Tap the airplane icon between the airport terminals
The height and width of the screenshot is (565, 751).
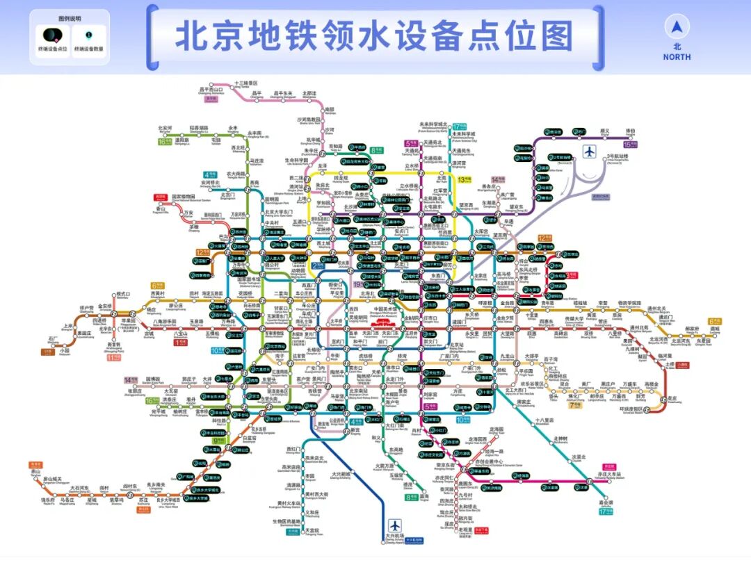coord(590,151)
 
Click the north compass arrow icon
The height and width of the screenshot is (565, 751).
coord(677,28)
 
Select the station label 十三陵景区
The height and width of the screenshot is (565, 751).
coord(246,83)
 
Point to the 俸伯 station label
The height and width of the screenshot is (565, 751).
coord(631,130)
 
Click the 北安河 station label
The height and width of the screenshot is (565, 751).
coord(165,128)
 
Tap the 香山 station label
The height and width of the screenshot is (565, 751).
coord(161,208)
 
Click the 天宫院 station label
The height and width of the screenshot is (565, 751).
coord(312,530)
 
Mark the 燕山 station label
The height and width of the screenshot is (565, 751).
coord(36,472)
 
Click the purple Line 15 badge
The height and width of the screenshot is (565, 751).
coord(631,145)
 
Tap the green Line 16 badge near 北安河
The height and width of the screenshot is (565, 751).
coord(165,142)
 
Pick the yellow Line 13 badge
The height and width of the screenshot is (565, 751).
coord(465,179)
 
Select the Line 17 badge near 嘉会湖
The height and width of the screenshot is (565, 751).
coord(606,512)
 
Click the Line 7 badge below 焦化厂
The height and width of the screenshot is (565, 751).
coord(575,404)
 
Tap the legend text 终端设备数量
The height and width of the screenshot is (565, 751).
coord(89,49)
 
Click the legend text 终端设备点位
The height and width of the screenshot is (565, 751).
coord(53,49)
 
